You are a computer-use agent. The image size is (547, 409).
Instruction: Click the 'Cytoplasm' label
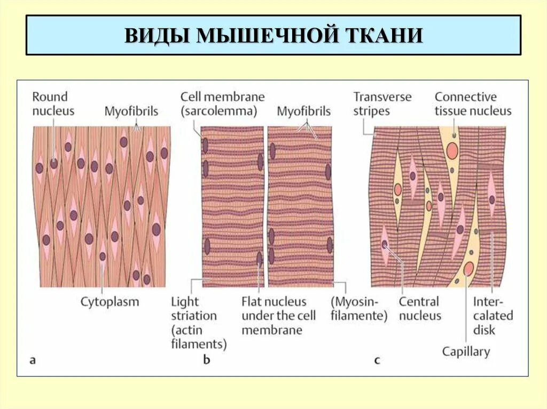click(110, 302)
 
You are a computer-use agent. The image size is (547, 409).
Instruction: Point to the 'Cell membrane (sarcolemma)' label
click(222, 104)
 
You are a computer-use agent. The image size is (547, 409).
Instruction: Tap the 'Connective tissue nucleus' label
click(473, 104)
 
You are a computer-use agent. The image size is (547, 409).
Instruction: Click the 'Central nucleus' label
click(420, 308)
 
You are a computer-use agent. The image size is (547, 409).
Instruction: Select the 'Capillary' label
click(466, 351)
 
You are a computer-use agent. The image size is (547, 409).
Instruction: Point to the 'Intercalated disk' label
click(493, 316)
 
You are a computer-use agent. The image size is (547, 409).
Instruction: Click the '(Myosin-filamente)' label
click(359, 308)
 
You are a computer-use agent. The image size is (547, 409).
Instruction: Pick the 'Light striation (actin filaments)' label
click(199, 323)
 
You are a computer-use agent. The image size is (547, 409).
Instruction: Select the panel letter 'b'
click(207, 360)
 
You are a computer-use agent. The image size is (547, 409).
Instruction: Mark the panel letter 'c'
click(377, 360)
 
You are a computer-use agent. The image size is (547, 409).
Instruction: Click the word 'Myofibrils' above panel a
click(131, 111)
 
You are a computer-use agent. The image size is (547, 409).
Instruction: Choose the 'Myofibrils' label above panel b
click(303, 111)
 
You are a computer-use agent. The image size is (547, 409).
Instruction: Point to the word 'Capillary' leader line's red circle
click(468, 267)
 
